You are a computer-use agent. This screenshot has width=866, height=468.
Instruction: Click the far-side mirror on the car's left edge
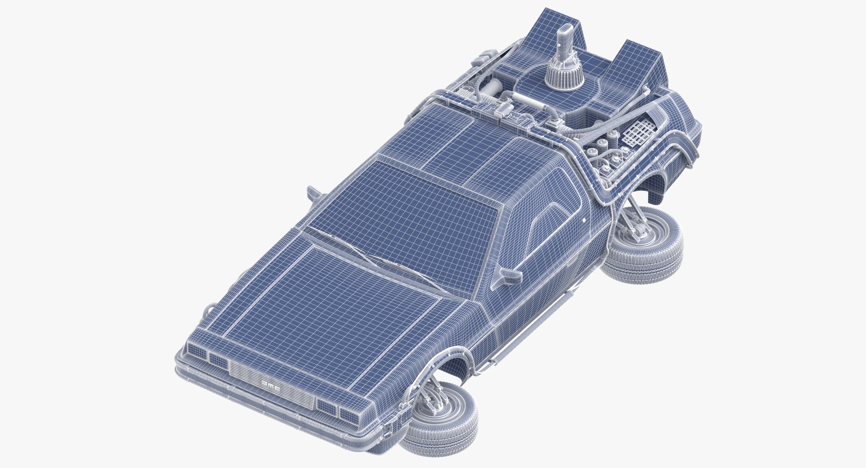pos(312,193)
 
